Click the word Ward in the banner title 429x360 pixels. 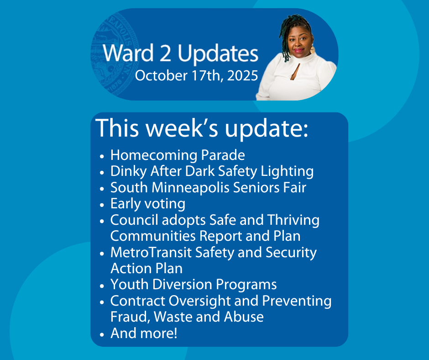tap(128, 53)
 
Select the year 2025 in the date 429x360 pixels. tap(242, 76)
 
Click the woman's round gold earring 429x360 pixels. tap(313, 50)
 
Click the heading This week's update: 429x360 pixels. tap(202, 128)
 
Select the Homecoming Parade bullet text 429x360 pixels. tap(178, 155)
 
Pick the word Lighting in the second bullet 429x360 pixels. tap(287, 171)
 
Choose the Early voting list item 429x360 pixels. tap(148, 204)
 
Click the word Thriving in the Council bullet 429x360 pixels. tap(293, 220)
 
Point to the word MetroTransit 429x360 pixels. tap(151, 252)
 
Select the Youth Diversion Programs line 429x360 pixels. tap(194, 285)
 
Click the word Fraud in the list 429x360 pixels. tap(131, 317)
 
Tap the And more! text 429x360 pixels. tap(144, 333)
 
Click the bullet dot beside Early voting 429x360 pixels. tap(102, 205)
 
